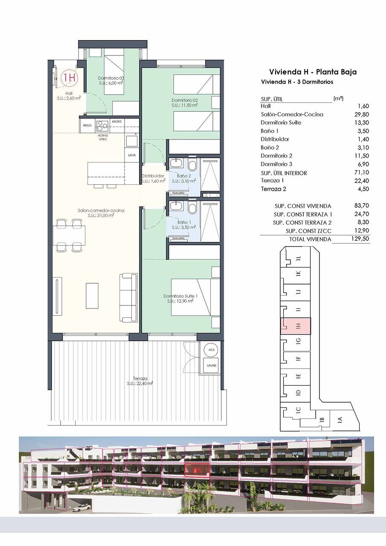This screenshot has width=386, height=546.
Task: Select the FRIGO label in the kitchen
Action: [87, 126]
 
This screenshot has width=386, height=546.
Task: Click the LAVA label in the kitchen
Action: [132, 155]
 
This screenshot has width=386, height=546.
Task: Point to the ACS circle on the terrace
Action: [211, 350]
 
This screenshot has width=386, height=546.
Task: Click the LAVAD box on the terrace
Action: [211, 366]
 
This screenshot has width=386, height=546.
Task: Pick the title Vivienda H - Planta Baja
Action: [313, 72]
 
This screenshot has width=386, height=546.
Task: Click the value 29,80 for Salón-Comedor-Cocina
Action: [362, 114]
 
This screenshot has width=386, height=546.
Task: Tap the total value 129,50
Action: [360, 239]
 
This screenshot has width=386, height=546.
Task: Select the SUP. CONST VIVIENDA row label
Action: [303, 206]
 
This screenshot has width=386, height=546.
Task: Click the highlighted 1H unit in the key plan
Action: [296, 326]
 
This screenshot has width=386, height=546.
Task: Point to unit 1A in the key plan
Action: [340, 420]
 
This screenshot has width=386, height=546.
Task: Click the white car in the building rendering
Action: [81, 508]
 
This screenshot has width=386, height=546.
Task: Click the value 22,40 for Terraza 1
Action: [362, 181]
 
